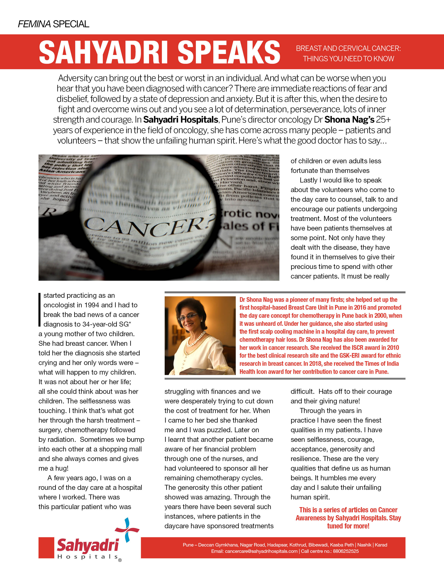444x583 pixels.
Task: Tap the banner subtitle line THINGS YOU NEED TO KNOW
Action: click(x=348, y=59)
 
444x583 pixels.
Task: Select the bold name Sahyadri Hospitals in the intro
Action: click(x=180, y=120)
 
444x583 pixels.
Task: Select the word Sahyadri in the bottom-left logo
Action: click(x=87, y=546)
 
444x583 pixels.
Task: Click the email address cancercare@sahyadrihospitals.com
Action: click(x=261, y=551)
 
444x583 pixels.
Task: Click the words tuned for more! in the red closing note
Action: click(x=348, y=526)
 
